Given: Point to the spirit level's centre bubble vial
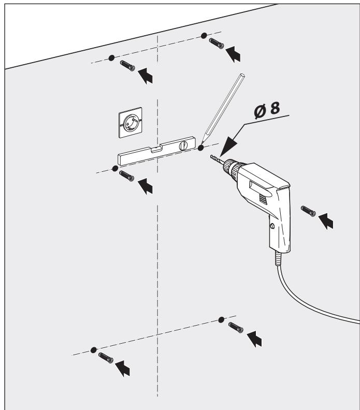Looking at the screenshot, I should click(x=154, y=151).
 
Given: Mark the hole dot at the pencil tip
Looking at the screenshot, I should click(x=201, y=149).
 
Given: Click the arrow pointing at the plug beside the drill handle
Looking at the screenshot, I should click(x=326, y=221).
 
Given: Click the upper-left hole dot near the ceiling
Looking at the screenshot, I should click(x=111, y=57).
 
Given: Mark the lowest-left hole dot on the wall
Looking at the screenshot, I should click(x=93, y=350).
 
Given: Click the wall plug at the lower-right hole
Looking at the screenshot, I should click(x=236, y=327).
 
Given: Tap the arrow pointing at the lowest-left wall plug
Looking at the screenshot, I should click(x=122, y=368).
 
